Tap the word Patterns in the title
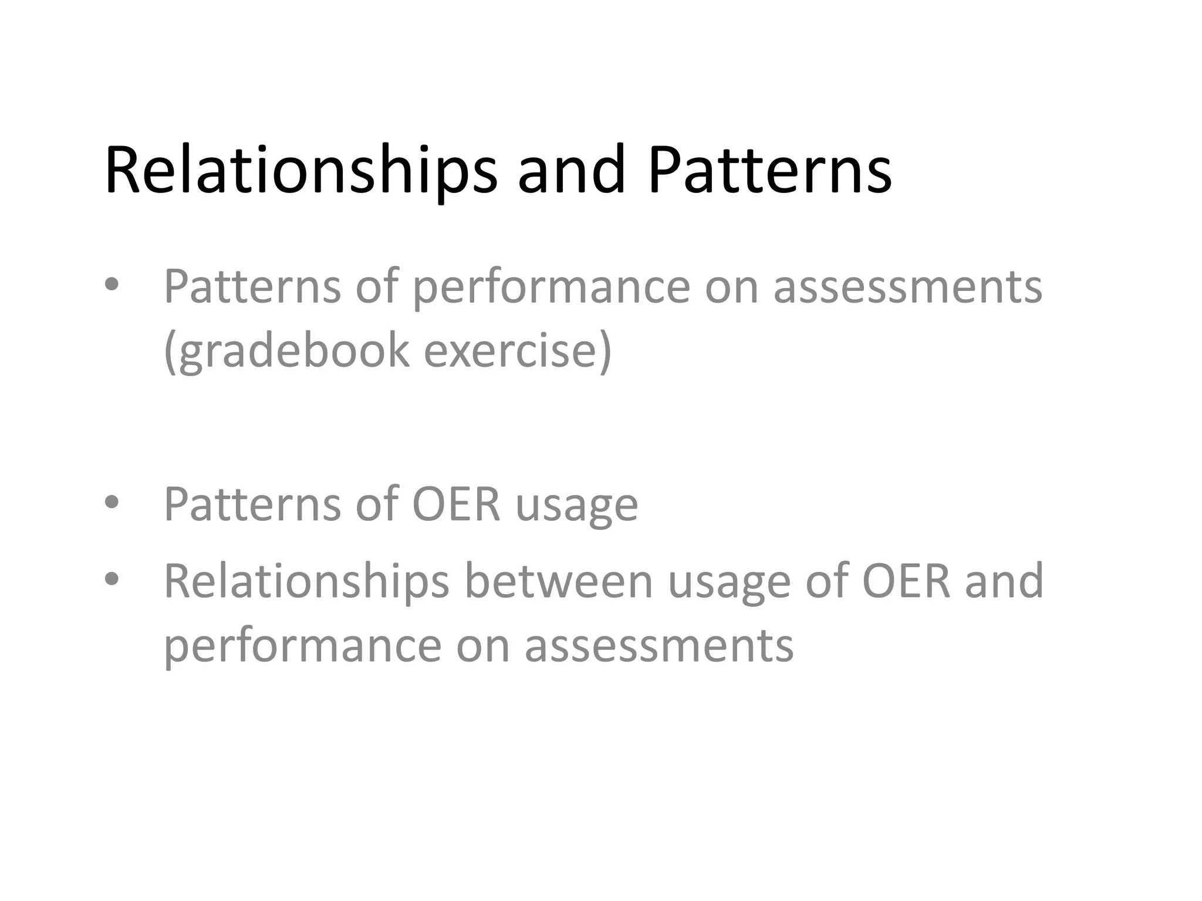pos(769,170)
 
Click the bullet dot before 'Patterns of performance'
pos(112,285)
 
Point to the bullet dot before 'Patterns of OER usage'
pos(112,502)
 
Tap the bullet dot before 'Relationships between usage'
pos(112,580)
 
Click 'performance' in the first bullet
pos(552,287)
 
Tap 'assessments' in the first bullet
pos(907,287)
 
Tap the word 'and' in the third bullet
pos(1004,581)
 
